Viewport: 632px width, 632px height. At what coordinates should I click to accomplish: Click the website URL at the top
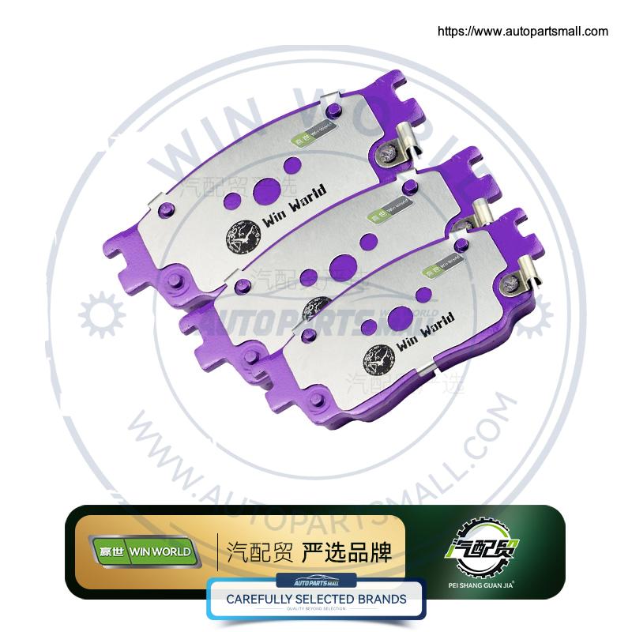523,32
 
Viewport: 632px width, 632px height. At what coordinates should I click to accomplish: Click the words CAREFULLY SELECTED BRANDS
316,599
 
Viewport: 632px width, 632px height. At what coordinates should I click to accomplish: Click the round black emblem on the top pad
243,235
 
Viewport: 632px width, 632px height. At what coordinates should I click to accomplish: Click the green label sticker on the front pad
446,262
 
